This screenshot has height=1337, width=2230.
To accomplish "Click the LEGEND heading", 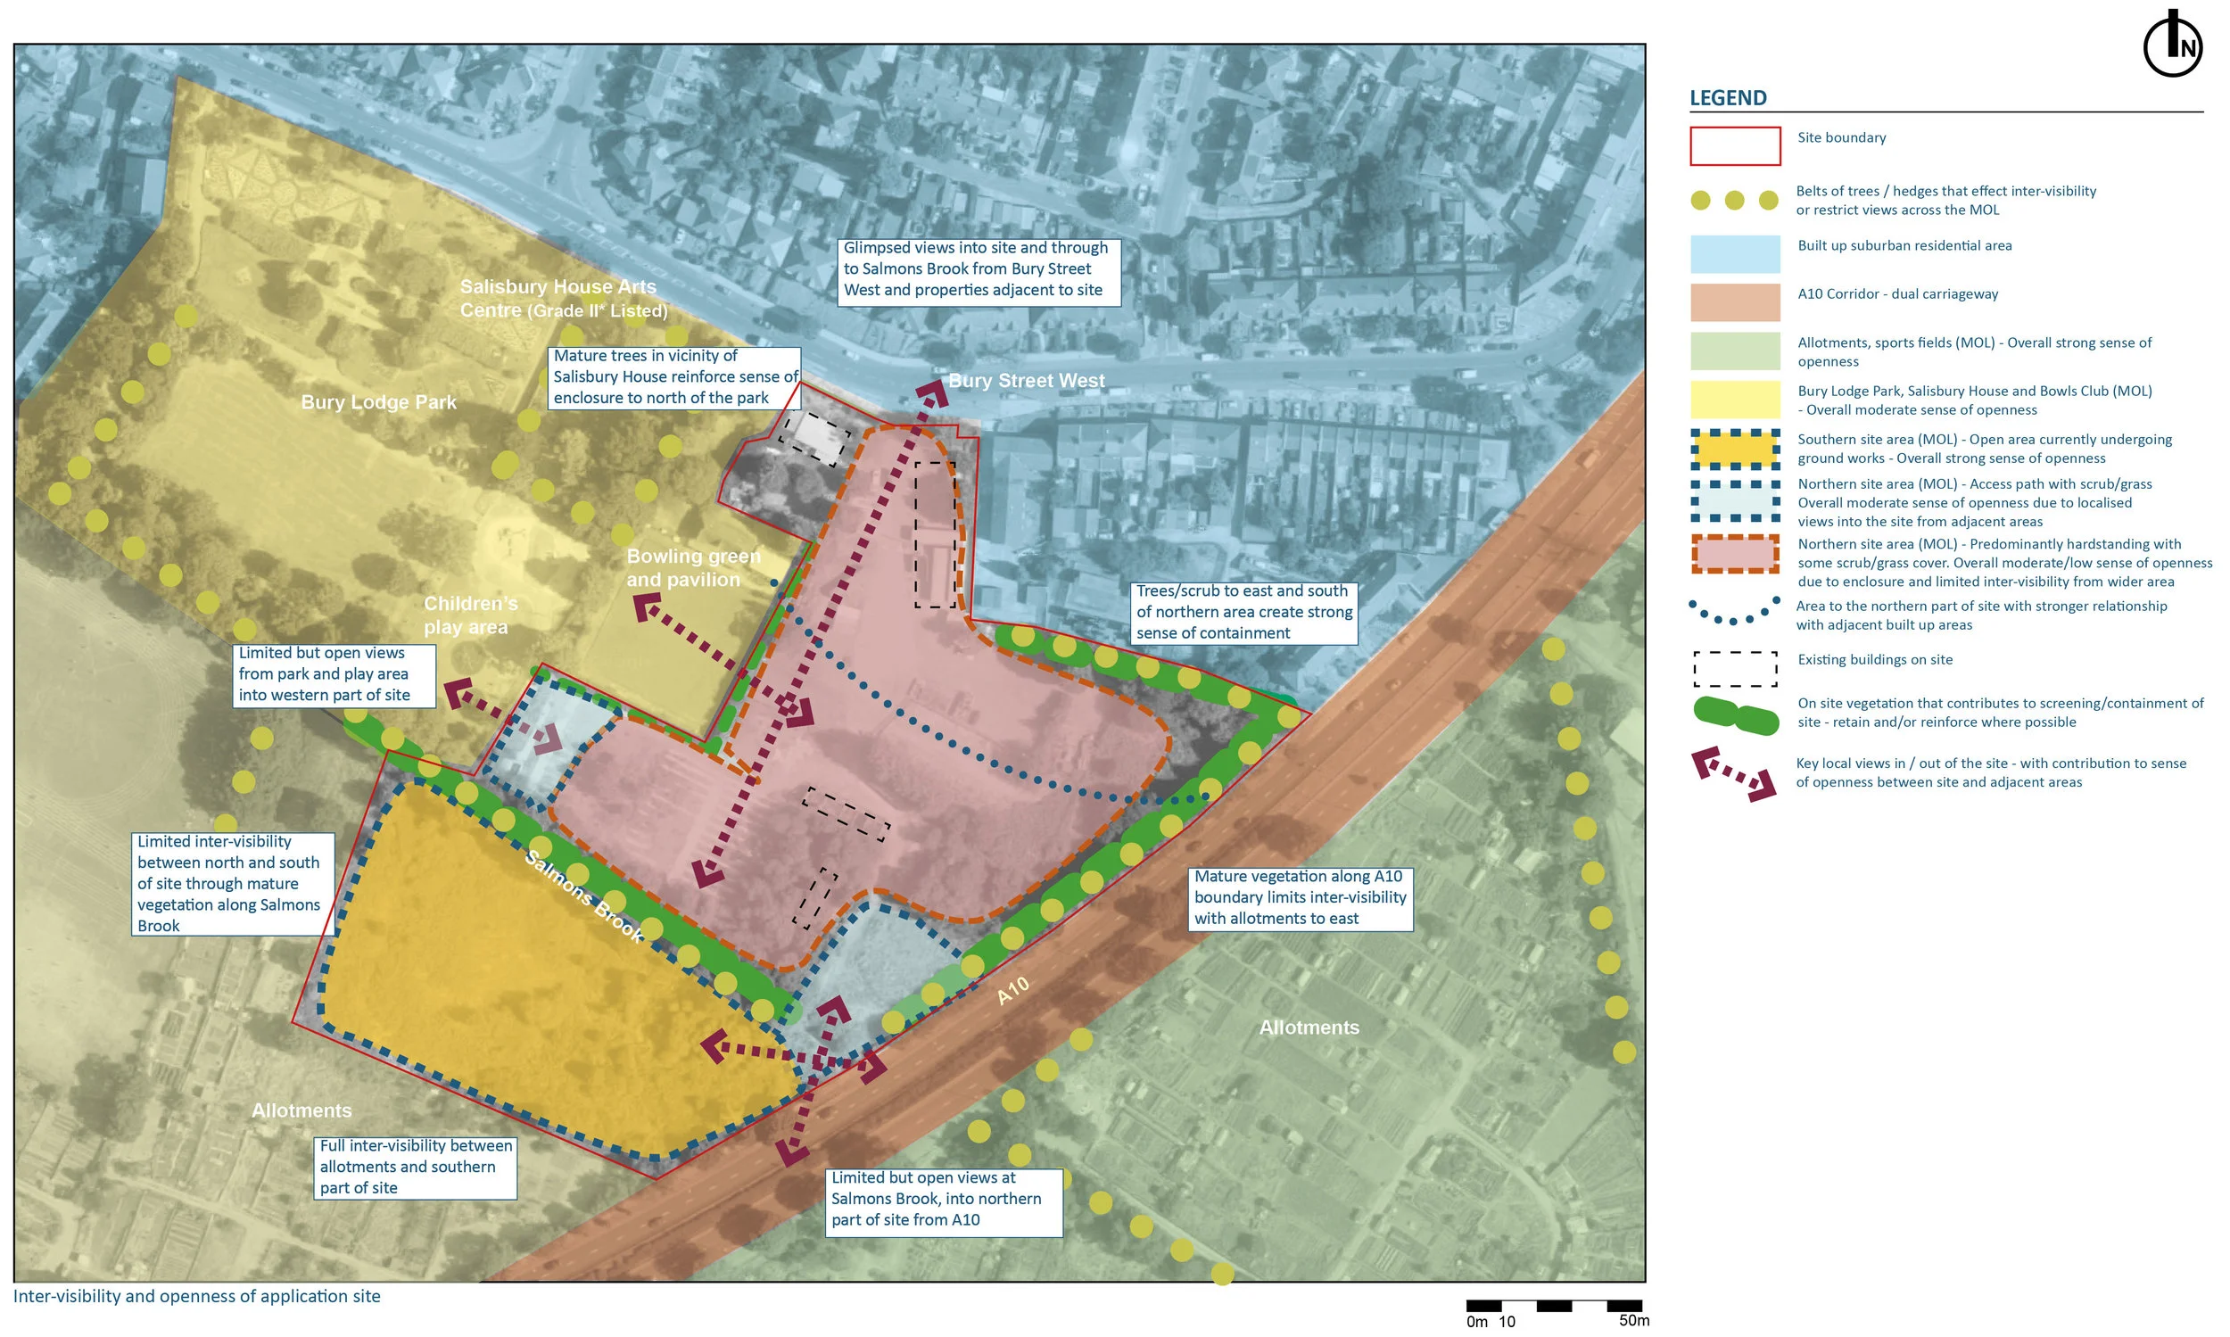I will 1727,97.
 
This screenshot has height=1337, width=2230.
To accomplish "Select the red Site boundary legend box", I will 1734,146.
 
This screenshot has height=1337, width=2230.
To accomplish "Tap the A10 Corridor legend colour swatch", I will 1734,302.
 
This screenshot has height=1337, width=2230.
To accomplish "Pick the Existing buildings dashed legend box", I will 1734,669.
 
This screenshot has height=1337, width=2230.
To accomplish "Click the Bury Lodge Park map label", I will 378,402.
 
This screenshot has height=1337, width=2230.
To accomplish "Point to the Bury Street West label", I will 1027,380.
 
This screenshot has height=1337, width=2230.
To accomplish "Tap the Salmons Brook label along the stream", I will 584,895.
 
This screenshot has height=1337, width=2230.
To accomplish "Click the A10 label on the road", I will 1012,991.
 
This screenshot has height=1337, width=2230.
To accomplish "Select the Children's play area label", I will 469,615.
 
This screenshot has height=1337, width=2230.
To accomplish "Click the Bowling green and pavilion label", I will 692,567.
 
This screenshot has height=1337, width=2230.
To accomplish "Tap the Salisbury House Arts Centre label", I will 562,298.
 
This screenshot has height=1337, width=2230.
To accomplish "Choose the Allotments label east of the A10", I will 1309,1028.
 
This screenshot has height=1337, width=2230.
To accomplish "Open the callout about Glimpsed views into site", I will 978,268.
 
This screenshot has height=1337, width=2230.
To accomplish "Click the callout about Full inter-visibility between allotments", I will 416,1167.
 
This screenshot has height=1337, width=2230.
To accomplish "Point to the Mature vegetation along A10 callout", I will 1300,897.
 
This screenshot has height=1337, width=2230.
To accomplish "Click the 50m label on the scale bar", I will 1633,1321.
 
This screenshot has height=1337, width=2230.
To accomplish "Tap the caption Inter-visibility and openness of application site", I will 196,1296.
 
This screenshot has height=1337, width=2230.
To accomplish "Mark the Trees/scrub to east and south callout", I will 1243,612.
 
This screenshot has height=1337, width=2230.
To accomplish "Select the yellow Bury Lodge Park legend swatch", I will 1734,400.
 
